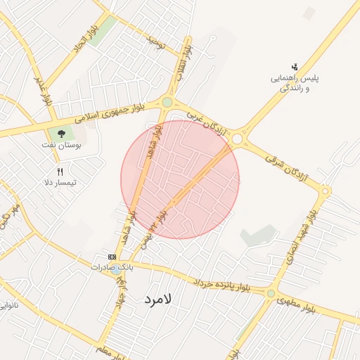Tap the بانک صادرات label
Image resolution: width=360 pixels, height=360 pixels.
[112, 268]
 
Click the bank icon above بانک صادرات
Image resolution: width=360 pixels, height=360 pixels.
[111, 257]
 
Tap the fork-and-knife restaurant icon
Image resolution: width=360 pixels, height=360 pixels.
[60, 172]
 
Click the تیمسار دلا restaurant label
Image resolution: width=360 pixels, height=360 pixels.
[60, 183]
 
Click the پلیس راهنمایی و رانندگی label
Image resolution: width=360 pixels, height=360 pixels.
[296, 83]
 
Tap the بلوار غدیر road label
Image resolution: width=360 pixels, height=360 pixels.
[44, 91]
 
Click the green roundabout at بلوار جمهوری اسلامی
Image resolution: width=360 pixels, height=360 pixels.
[167, 103]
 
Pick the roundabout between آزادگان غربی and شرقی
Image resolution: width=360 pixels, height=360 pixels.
[237, 139]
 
